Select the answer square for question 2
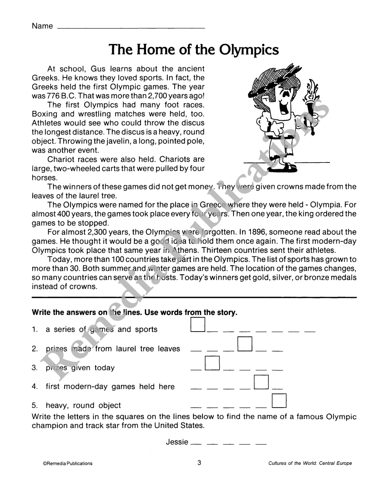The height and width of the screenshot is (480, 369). (245, 344)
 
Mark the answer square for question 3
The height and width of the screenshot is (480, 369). (212, 363)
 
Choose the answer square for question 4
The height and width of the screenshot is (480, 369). (261, 382)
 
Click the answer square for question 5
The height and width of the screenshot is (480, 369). (279, 401)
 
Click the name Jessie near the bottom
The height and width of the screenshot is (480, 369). (177, 442)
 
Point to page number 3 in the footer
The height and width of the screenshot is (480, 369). (199, 463)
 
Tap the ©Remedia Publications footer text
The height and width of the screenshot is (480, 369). (68, 463)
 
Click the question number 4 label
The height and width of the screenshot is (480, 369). (35, 387)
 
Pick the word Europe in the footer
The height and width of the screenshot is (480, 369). (344, 463)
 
